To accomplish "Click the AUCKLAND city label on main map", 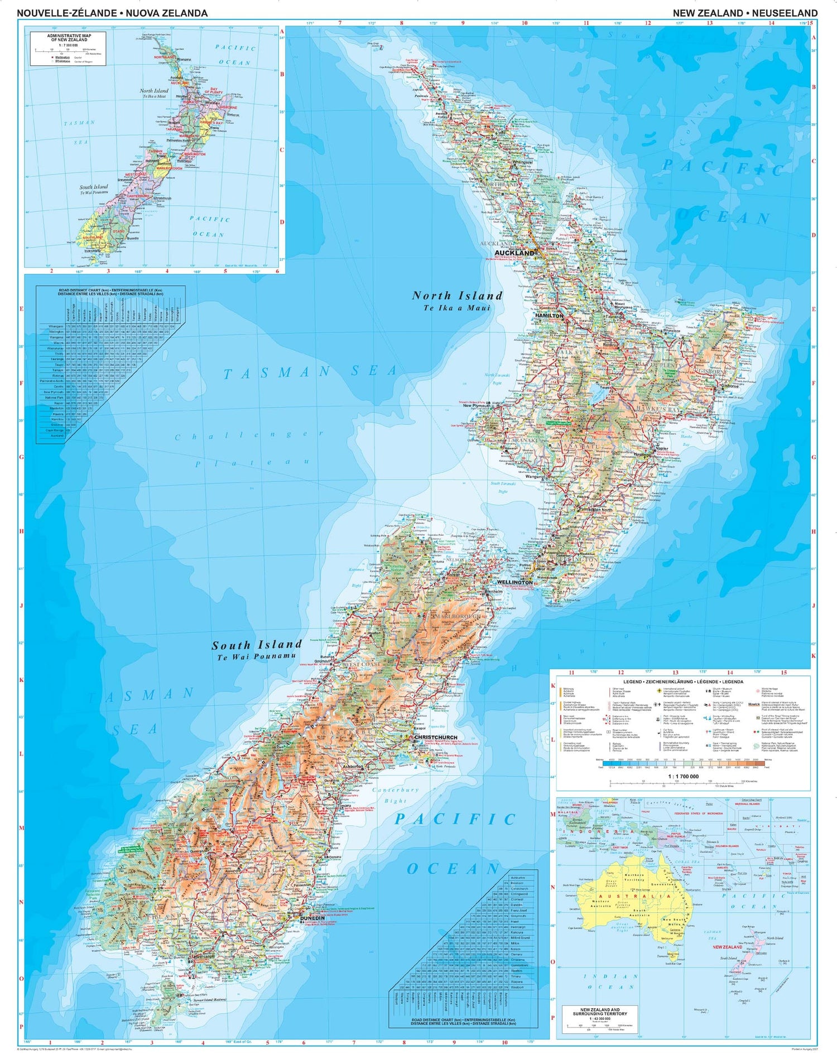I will point(514,253).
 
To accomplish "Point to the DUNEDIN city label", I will point(312,917).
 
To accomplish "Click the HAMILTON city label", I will point(549,315).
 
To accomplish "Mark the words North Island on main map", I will point(457,296).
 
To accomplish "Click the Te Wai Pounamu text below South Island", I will point(256,656).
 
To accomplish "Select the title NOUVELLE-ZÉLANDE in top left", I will point(67,13).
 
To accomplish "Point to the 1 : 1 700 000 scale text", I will point(683,776).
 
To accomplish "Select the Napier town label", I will point(662,448).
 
